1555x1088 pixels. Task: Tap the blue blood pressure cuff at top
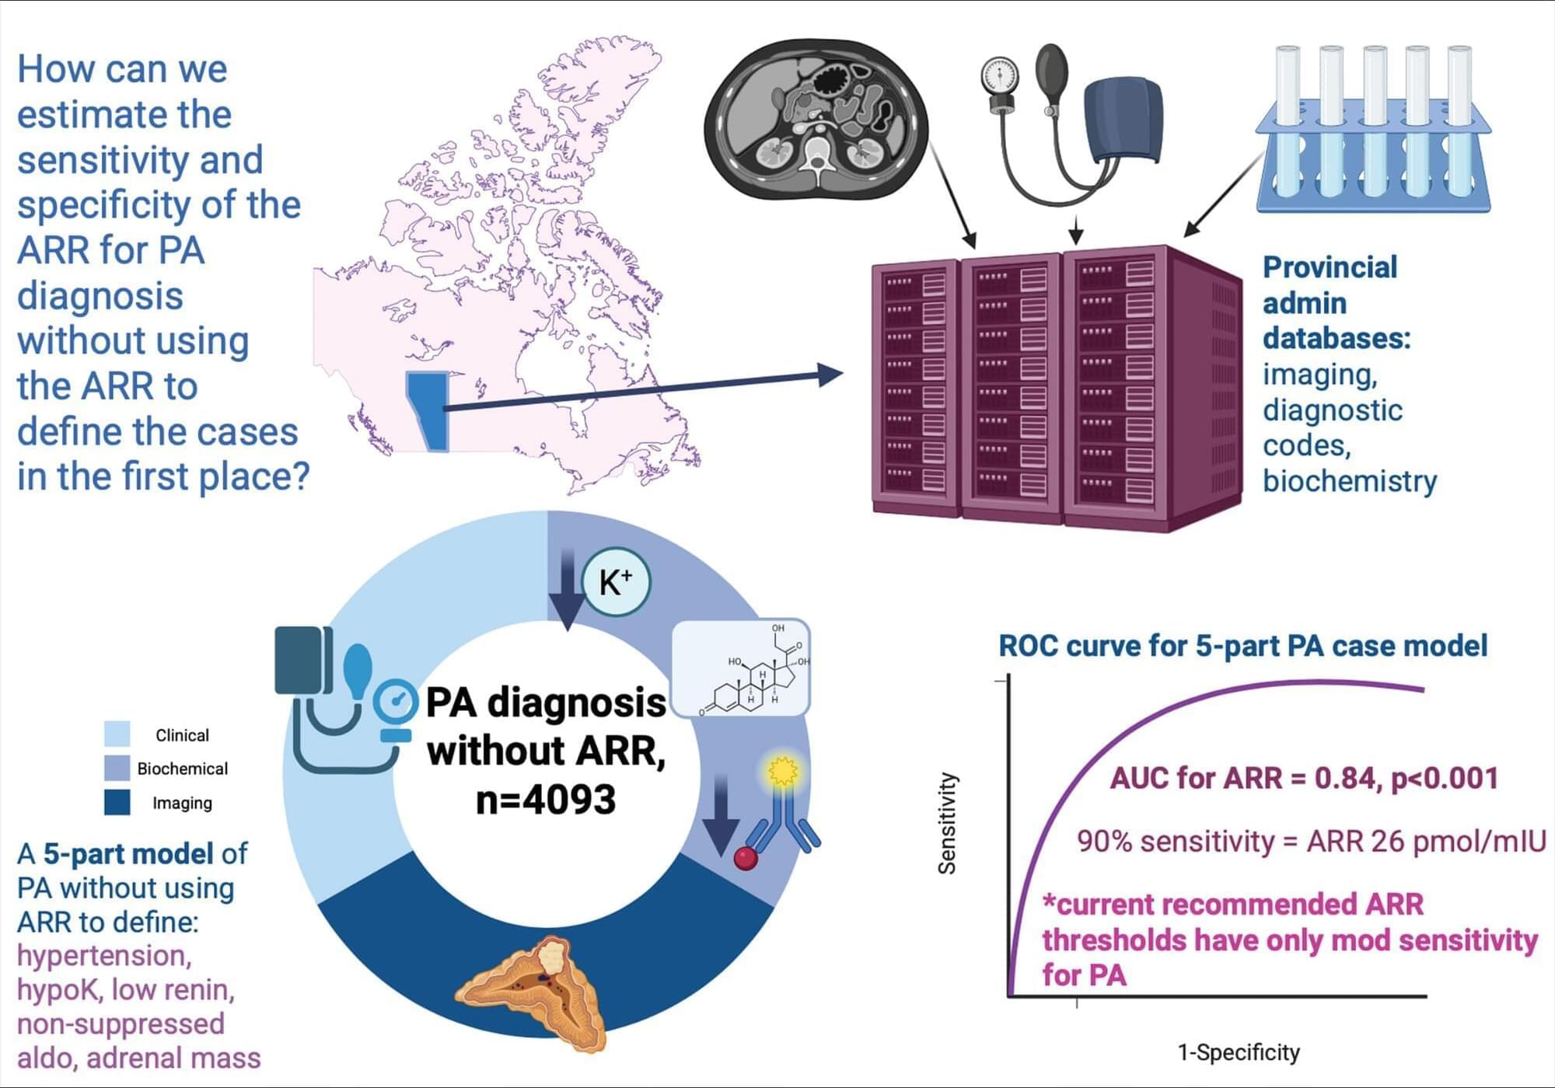(1123, 120)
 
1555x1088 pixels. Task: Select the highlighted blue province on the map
(427, 408)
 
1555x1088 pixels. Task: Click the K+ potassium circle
(616, 582)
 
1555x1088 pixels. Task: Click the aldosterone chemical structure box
(741, 667)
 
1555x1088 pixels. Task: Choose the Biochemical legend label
(183, 769)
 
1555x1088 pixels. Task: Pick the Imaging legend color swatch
(117, 802)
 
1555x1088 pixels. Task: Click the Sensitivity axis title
(947, 823)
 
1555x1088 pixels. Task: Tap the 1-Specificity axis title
(1239, 1052)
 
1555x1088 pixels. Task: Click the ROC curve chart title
(1242, 646)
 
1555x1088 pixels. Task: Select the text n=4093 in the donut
(545, 799)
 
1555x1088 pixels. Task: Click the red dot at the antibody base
(746, 858)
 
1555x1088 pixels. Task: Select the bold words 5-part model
(128, 853)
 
